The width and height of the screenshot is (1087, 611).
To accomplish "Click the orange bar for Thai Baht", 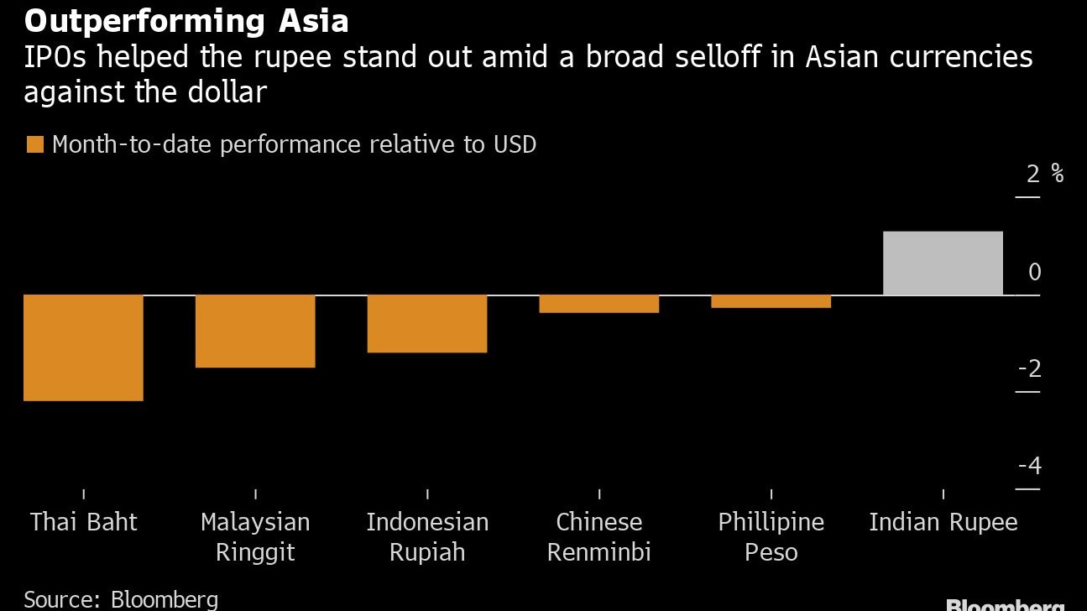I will pyautogui.click(x=83, y=347).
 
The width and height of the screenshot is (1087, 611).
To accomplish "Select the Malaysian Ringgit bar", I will pyautogui.click(x=255, y=331).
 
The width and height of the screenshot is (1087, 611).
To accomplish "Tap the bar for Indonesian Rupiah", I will pyautogui.click(x=427, y=323).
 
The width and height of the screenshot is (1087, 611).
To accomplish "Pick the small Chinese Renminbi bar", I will pyautogui.click(x=599, y=304).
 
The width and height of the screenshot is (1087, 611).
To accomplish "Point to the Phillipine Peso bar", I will pyautogui.click(x=771, y=301).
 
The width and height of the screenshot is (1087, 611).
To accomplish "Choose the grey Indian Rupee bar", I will pyautogui.click(x=943, y=263).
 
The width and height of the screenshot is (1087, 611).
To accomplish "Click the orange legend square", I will pyautogui.click(x=34, y=144).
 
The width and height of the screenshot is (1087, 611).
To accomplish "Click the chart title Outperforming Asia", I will pyautogui.click(x=186, y=21).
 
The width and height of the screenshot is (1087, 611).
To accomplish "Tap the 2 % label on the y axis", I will pyautogui.click(x=1044, y=175).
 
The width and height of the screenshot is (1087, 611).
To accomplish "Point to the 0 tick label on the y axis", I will pyautogui.click(x=1034, y=272).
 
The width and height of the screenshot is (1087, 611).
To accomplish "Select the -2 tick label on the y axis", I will pyautogui.click(x=1029, y=368).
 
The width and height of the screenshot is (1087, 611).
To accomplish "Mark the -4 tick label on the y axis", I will pyautogui.click(x=1029, y=466).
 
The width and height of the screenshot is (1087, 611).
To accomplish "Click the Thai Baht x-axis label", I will pyautogui.click(x=83, y=522).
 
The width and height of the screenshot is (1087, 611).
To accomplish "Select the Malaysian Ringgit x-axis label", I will pyautogui.click(x=255, y=537).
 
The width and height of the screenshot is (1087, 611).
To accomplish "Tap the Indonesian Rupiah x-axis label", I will pyautogui.click(x=427, y=537).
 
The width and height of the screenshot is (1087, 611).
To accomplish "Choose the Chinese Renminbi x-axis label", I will pyautogui.click(x=599, y=537).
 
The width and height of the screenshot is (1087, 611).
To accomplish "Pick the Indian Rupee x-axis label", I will pyautogui.click(x=943, y=522).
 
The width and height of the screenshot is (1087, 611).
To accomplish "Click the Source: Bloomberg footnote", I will pyautogui.click(x=121, y=599).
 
